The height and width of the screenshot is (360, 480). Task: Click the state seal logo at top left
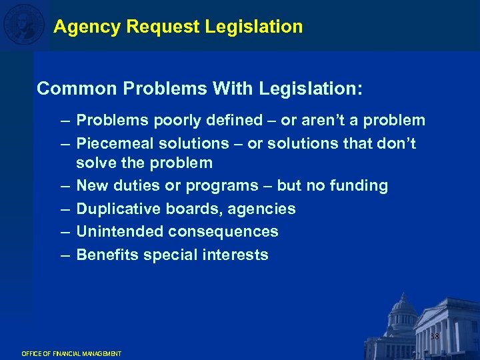(23, 25)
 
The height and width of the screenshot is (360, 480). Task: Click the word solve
(95, 163)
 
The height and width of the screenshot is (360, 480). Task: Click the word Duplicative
(115, 209)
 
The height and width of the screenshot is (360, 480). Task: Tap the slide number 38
(435, 337)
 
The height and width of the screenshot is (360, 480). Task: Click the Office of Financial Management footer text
(71, 353)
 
